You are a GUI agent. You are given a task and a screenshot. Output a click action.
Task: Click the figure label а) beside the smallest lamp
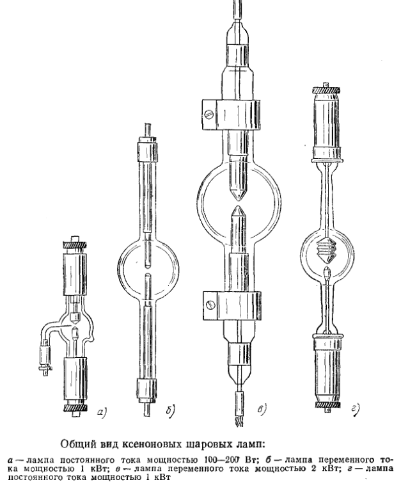102,412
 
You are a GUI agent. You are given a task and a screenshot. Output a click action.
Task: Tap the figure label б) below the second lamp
170,411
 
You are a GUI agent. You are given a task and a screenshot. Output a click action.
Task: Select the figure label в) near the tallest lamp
262,410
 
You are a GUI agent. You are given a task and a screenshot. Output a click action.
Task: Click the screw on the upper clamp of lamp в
208,115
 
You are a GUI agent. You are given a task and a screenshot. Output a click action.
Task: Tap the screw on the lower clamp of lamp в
211,305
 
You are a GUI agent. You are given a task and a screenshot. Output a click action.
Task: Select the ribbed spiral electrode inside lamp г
327,250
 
